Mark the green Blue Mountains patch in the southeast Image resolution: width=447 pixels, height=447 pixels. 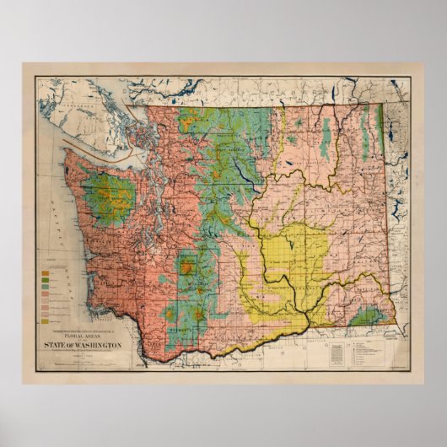367,318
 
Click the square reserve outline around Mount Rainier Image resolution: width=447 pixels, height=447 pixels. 189,270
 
